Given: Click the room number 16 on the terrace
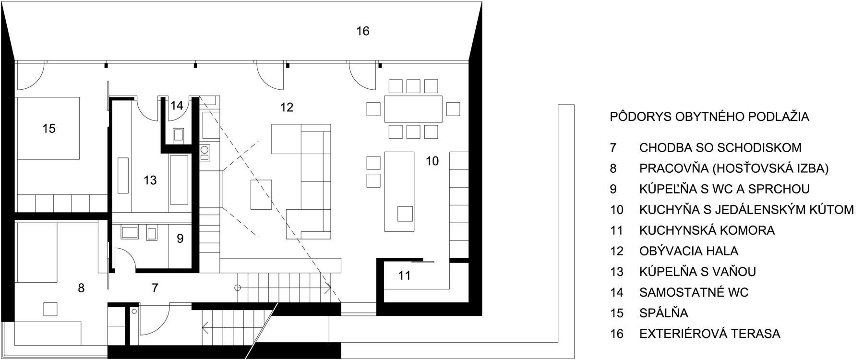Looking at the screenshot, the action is coord(363,31).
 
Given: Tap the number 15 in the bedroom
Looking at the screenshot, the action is coord(49,129).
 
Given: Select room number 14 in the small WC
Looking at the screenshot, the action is coord(177,106).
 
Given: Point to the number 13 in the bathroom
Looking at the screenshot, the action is coord(150,180).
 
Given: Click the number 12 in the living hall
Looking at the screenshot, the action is coord(287,107).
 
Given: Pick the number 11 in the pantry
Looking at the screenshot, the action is coord(405,276).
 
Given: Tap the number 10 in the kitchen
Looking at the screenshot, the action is coord(432,161).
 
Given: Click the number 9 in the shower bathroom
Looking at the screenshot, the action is coord(180,239).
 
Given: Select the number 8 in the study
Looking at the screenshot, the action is coord(81,288).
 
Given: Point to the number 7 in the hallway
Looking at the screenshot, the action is coord(155,288).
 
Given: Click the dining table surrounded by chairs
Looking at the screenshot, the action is coord(413,109).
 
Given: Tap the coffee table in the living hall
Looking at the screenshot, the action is coord(261,194).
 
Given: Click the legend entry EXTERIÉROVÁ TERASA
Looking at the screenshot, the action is coord(710,334).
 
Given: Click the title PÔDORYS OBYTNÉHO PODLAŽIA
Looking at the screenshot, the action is coord(709,117).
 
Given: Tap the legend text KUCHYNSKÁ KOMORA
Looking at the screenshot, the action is coord(707,230).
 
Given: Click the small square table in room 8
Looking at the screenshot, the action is coord(50,309).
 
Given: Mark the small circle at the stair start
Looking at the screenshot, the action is coord(237,288).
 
